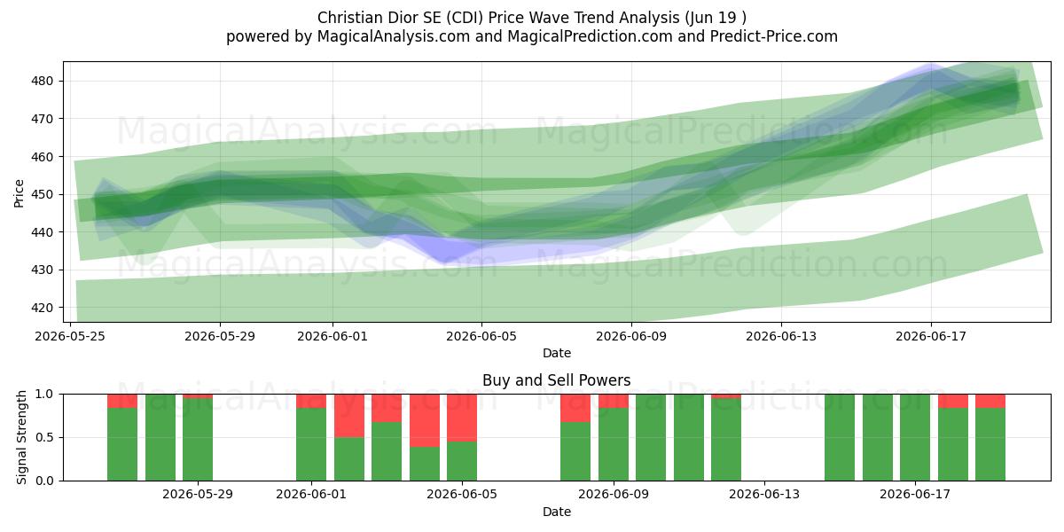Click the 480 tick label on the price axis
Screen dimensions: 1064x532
pyautogui.click(x=42, y=82)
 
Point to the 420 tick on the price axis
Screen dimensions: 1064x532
pyautogui.click(x=42, y=308)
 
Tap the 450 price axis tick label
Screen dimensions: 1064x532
pyautogui.click(x=42, y=195)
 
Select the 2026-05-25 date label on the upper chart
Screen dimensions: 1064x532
pyautogui.click(x=70, y=336)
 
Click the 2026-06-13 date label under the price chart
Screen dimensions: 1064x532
pyautogui.click(x=781, y=336)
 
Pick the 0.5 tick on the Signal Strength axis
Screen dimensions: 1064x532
pyautogui.click(x=44, y=437)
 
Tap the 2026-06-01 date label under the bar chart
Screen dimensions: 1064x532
pyautogui.click(x=311, y=495)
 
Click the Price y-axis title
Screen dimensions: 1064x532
pyautogui.click(x=19, y=194)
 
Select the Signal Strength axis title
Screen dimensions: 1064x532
pyautogui.click(x=21, y=437)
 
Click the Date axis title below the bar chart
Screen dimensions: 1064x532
pyautogui.click(x=557, y=512)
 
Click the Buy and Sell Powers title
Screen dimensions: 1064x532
pyautogui.click(x=557, y=380)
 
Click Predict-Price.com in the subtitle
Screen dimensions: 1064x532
pyautogui.click(x=774, y=36)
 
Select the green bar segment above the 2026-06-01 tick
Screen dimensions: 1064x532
pyautogui.click(x=311, y=444)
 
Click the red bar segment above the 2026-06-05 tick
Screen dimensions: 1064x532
pyautogui.click(x=462, y=418)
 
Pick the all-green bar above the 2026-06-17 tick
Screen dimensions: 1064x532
pyautogui.click(x=915, y=437)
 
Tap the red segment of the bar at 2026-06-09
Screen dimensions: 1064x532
pyautogui.click(x=614, y=401)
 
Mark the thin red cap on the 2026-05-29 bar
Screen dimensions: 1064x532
pyautogui.click(x=198, y=396)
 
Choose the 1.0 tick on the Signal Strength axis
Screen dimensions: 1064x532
pyautogui.click(x=44, y=395)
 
